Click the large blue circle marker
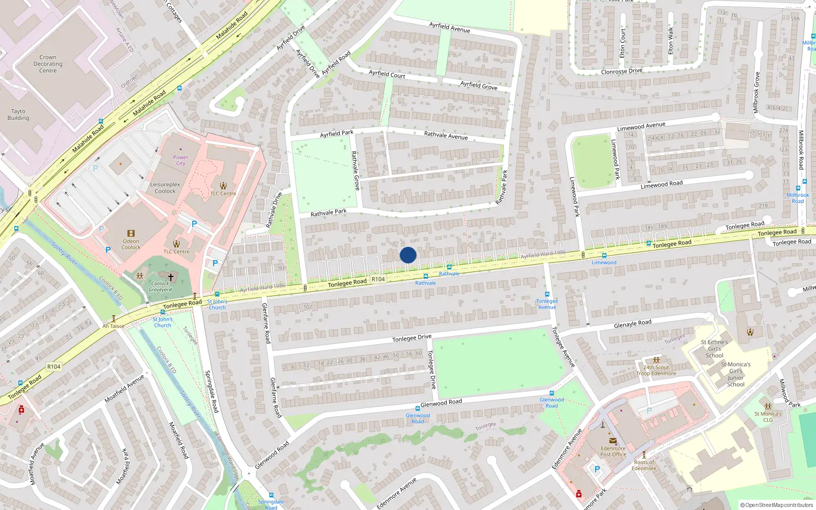pyautogui.click(x=408, y=255)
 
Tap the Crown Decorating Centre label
pyautogui.click(x=48, y=64)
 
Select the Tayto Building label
pyautogui.click(x=18, y=115)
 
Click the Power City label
pyautogui.click(x=181, y=161)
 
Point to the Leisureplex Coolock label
pyautogui.click(x=165, y=188)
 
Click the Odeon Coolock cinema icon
pyautogui.click(x=131, y=234)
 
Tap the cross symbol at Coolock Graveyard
pyautogui.click(x=171, y=277)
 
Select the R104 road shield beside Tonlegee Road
pyautogui.click(x=378, y=279)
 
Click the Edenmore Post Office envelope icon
pyautogui.click(x=613, y=441)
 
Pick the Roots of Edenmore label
pyautogui.click(x=644, y=465)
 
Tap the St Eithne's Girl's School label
pyautogui.click(x=714, y=349)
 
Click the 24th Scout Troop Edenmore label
pyautogui.click(x=656, y=370)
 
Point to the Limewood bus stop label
pyautogui.click(x=604, y=263)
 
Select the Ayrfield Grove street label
pyautogui.click(x=478, y=86)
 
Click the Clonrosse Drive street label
pyautogui.click(x=621, y=71)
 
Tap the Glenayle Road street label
pyautogui.click(x=632, y=324)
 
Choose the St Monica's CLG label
pyautogui.click(x=768, y=417)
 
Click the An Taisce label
pyautogui.click(x=113, y=326)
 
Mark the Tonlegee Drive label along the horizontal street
pyautogui.click(x=412, y=338)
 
